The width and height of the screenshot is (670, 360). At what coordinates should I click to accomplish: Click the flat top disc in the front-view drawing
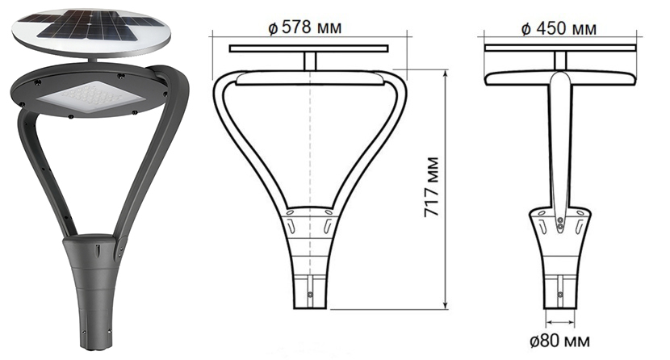[x=309, y=49]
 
